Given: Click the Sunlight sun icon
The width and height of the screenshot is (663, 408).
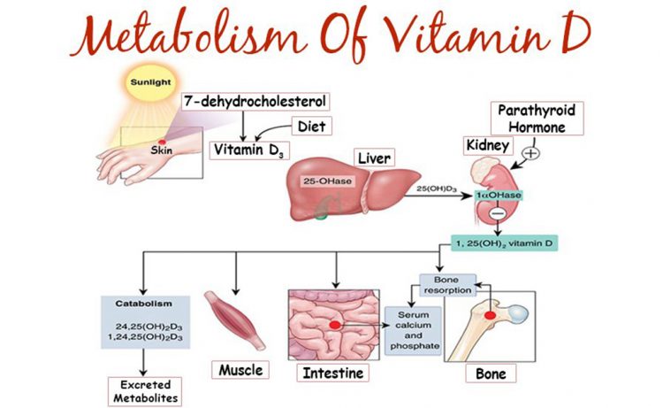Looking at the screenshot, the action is point(150,82).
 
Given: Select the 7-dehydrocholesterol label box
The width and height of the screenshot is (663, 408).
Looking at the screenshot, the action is point(255,102).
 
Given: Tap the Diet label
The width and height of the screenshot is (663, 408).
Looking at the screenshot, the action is point(312,127).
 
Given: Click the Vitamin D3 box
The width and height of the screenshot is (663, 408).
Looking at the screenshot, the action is point(249,150).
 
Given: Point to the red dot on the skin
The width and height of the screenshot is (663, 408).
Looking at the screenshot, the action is point(162,142).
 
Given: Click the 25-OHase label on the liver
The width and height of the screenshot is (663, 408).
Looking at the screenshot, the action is point(327,181).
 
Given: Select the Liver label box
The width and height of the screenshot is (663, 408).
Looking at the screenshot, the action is point(374,158).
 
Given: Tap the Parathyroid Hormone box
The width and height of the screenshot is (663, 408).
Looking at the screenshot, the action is point(537,119).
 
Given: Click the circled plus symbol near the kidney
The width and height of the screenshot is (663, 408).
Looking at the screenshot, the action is point(531,153).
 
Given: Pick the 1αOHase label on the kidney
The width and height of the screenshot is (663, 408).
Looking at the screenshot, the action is point(499,195).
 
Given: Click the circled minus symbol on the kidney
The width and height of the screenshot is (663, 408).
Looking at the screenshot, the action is point(498,213).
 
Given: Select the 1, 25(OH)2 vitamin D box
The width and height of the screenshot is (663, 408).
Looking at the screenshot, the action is point(504,243).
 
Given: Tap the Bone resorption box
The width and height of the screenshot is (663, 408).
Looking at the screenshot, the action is point(447,285).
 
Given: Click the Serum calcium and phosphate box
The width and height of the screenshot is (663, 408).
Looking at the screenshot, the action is point(413,330).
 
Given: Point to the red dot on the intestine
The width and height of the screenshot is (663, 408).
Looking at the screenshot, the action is point(335,325).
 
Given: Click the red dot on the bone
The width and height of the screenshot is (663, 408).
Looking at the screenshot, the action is point(490,315).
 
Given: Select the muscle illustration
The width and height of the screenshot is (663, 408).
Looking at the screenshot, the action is point(235,320).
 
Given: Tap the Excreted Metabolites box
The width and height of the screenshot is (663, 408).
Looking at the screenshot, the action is point(145,391).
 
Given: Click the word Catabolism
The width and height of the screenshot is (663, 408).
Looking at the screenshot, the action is point(144,304).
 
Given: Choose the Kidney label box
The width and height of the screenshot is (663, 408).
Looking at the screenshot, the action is point(488,146).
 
